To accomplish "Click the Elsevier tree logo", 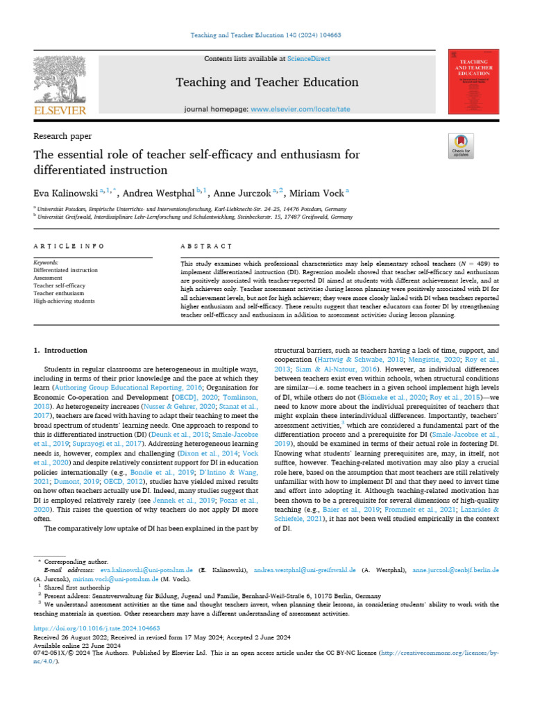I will pos(58,79).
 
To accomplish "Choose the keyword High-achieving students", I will pos(65,301).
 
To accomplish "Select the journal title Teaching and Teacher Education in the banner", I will pos(267,82).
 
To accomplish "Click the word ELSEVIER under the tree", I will pos(58,110).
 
